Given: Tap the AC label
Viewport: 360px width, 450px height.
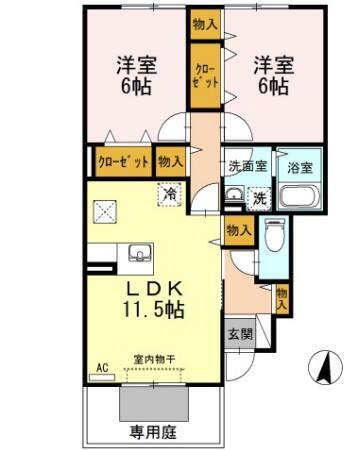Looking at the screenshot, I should (x=101, y=368).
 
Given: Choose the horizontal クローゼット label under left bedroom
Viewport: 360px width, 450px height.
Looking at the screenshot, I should (x=123, y=160).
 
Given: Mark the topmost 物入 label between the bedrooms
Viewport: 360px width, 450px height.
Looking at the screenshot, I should (x=204, y=22).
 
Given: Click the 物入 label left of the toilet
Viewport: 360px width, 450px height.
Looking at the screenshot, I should (x=239, y=231).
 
